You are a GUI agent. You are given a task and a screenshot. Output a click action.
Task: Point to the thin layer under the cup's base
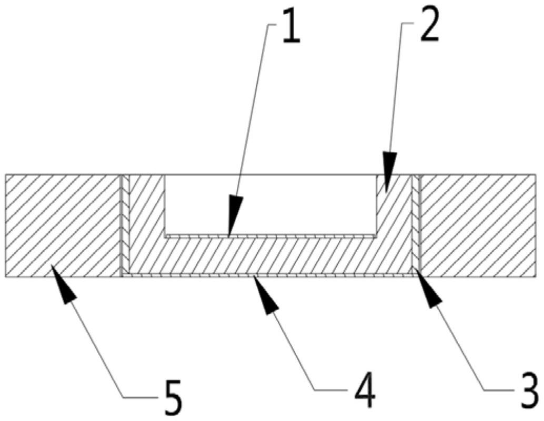[x=271, y=274]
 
